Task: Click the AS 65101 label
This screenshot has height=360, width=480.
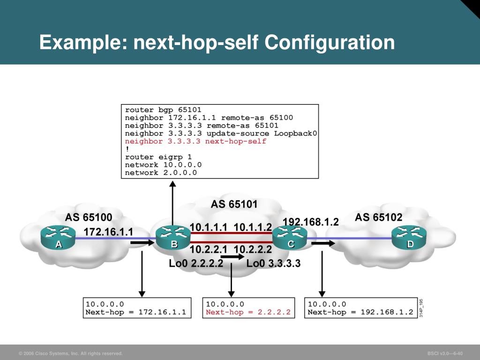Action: tap(234, 204)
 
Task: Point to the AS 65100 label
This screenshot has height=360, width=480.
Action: tap(88, 217)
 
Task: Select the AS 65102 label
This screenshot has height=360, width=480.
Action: tap(378, 217)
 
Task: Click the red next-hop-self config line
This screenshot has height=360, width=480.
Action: tap(195, 141)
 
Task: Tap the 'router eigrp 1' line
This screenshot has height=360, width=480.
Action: tap(158, 157)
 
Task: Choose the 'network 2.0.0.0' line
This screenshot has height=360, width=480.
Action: tap(161, 172)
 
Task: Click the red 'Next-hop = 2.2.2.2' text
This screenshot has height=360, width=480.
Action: tap(248, 312)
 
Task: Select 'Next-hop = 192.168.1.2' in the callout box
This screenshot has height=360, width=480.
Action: tap(360, 312)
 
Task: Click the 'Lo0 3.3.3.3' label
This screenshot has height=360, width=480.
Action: tap(273, 264)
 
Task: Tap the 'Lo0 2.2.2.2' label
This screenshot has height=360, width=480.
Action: tap(196, 264)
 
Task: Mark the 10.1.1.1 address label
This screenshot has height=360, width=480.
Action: tap(209, 227)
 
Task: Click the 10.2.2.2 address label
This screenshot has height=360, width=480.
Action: tap(253, 249)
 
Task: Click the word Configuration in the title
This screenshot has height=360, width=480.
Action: tap(330, 43)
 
